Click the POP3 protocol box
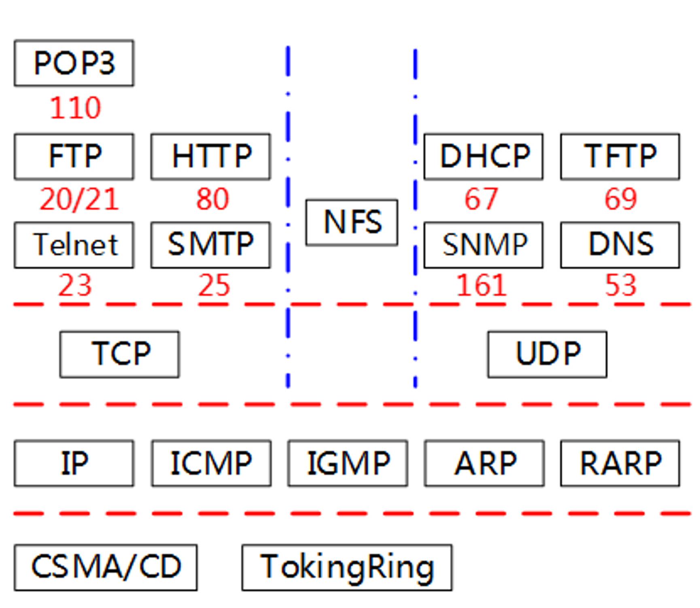(74, 63)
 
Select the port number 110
(75, 108)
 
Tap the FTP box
(74, 156)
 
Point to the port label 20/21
(79, 199)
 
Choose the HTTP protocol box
(211, 156)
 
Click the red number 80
(213, 199)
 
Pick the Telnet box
(74, 245)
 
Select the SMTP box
(211, 245)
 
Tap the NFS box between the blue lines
(352, 222)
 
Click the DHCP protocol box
(484, 156)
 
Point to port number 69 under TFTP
(621, 199)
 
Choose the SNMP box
(484, 245)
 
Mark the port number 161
(482, 286)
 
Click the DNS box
(620, 245)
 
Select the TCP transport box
(120, 354)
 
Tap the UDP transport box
(547, 354)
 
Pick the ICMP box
(211, 463)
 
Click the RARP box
(620, 463)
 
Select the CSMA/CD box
(106, 567)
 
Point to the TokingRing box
(347, 567)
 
